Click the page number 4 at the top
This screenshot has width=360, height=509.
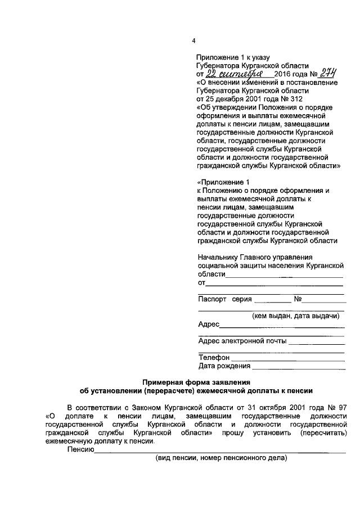click(x=193, y=41)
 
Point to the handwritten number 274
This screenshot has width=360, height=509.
click(x=325, y=73)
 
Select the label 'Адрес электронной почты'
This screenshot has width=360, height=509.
click(x=242, y=341)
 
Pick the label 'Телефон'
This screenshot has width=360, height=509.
click(x=214, y=357)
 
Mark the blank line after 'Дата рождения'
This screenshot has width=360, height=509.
click(x=298, y=368)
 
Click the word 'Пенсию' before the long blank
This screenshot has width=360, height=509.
click(x=80, y=449)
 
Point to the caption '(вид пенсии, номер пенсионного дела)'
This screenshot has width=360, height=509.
click(x=221, y=458)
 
